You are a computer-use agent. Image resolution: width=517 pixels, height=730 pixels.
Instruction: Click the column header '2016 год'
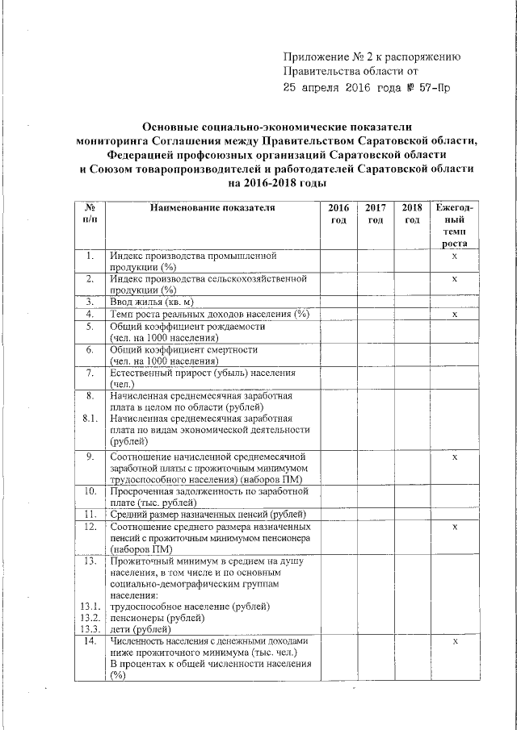[338, 214]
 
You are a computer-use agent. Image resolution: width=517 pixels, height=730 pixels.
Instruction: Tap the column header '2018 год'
[412, 214]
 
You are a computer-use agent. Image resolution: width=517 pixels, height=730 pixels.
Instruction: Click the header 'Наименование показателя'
[212, 207]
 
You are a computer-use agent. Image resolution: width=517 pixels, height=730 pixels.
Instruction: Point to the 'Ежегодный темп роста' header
[455, 225]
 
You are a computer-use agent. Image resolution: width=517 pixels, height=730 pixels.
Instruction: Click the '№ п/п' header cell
[90, 214]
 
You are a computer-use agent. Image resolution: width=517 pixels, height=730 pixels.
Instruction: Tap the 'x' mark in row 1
[455, 256]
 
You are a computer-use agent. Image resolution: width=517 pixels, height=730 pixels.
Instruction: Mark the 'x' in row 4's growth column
[455, 314]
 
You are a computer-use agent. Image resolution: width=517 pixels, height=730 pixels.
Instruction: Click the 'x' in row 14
[455, 640]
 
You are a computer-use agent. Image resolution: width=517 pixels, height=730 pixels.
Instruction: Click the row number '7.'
[90, 373]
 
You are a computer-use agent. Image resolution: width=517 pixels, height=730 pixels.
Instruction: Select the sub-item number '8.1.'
[90, 419]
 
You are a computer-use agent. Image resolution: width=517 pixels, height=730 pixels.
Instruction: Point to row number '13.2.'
[90, 617]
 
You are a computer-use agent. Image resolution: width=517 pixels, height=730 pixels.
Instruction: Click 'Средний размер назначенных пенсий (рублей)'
[208, 515]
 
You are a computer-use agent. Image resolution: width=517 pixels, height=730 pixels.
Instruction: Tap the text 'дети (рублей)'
[140, 628]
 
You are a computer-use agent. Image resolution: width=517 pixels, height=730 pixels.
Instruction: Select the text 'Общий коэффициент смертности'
[184, 350]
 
